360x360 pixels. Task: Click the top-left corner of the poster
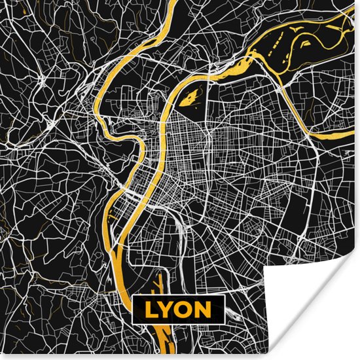(x=1, y=1)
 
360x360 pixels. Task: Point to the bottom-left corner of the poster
(x=1, y=358)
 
